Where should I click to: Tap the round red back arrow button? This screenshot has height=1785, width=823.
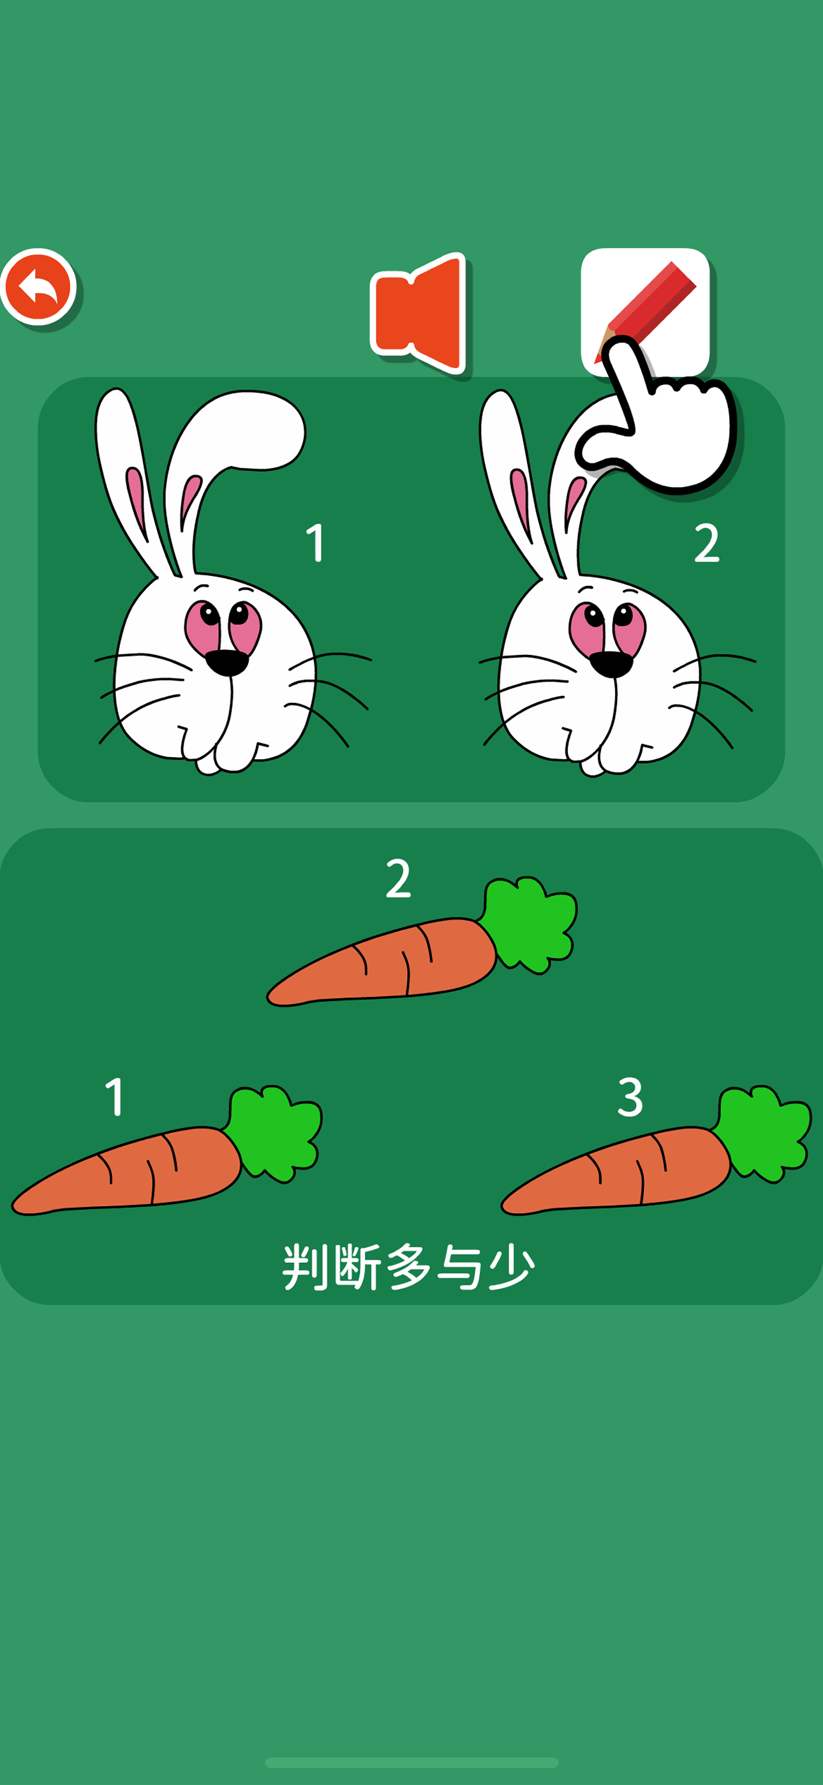(38, 286)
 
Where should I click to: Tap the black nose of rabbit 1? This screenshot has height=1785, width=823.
(226, 663)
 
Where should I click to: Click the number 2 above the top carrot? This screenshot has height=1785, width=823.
(398, 878)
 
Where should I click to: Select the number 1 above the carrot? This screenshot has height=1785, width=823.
(115, 1096)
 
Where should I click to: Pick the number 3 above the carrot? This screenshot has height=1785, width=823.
(630, 1096)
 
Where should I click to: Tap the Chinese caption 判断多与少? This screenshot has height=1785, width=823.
(409, 1267)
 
